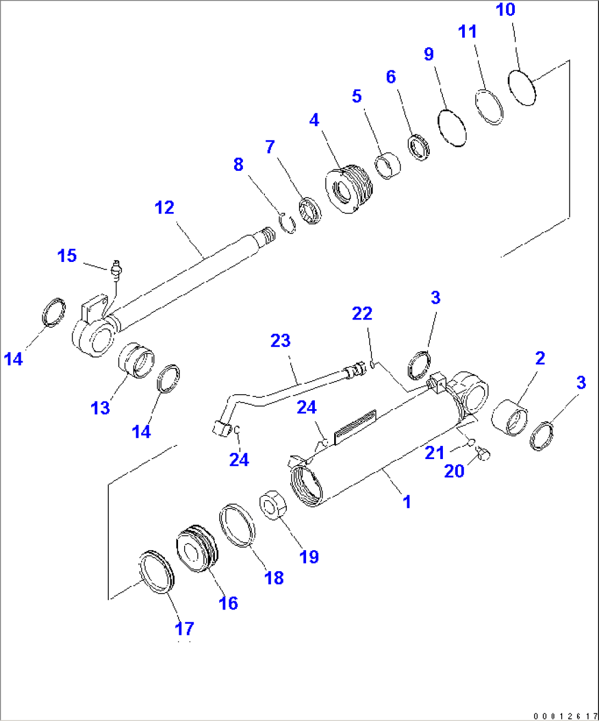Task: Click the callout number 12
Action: click(164, 208)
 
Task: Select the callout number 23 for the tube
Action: click(280, 341)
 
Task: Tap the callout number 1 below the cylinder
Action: click(407, 501)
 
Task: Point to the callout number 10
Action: click(506, 10)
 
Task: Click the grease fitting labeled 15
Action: click(116, 269)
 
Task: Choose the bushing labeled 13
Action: click(136, 360)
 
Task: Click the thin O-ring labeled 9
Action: click(452, 127)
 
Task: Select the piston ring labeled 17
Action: click(157, 572)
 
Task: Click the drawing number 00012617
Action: click(564, 716)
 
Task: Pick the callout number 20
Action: click(454, 471)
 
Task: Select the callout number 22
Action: click(362, 314)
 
